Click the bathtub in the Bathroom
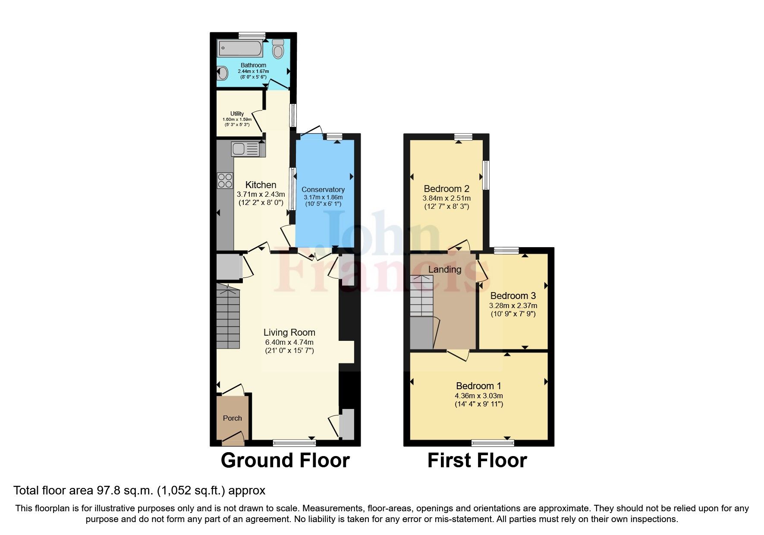[x=240, y=48]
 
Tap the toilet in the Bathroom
[x=278, y=50]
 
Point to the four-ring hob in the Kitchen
[x=225, y=180]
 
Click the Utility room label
[x=237, y=113]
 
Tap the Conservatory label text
[x=323, y=189]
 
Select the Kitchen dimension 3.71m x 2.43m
[x=261, y=195]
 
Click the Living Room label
[x=289, y=332]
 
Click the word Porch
[x=232, y=418]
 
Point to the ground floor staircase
[x=227, y=317]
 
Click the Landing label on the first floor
[x=444, y=269]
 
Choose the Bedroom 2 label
[x=446, y=189]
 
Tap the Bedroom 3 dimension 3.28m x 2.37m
[x=512, y=305]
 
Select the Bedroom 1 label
[x=478, y=386]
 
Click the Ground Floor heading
[x=285, y=460]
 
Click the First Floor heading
[x=477, y=460]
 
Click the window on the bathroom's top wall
[x=252, y=35]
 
